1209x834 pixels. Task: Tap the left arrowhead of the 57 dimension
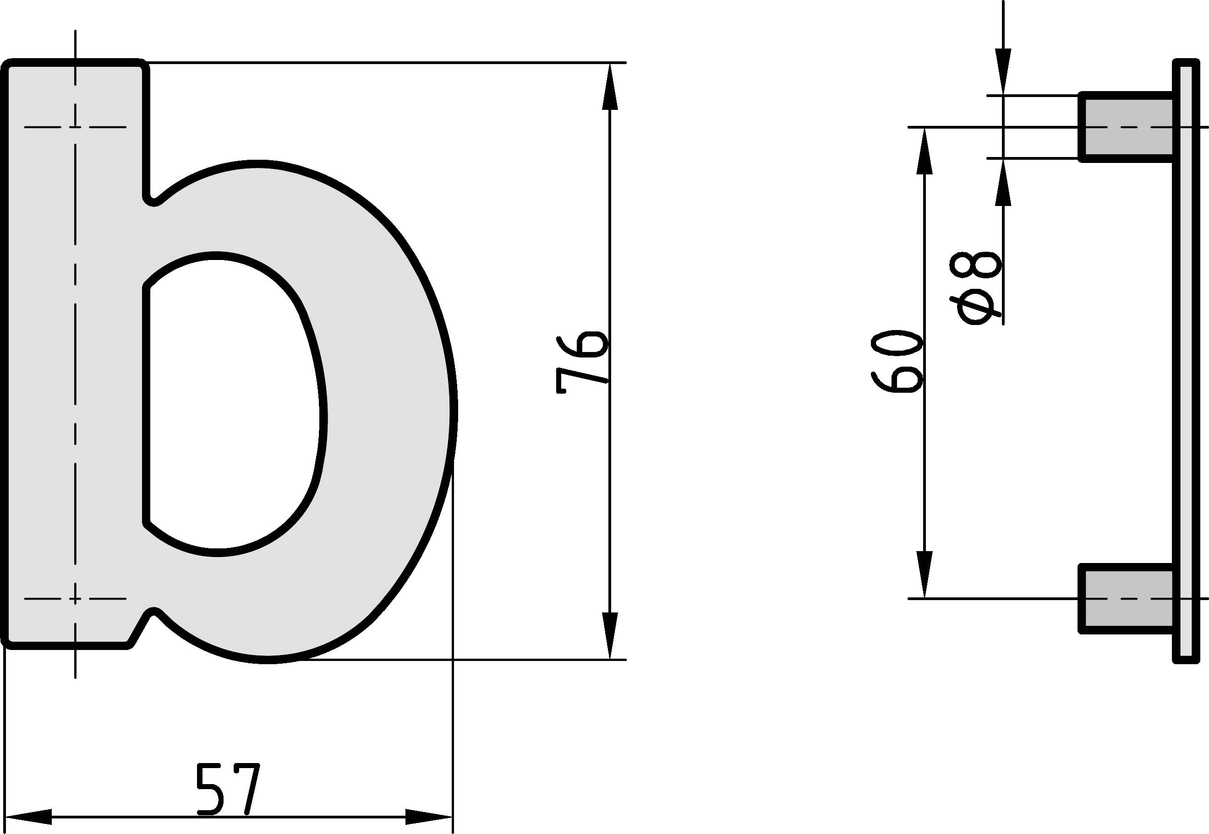(29, 816)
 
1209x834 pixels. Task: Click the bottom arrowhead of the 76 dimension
(610, 635)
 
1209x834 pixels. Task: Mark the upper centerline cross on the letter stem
(75, 127)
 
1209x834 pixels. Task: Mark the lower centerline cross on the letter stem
(75, 598)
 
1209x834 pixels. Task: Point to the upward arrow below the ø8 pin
(1003, 183)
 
